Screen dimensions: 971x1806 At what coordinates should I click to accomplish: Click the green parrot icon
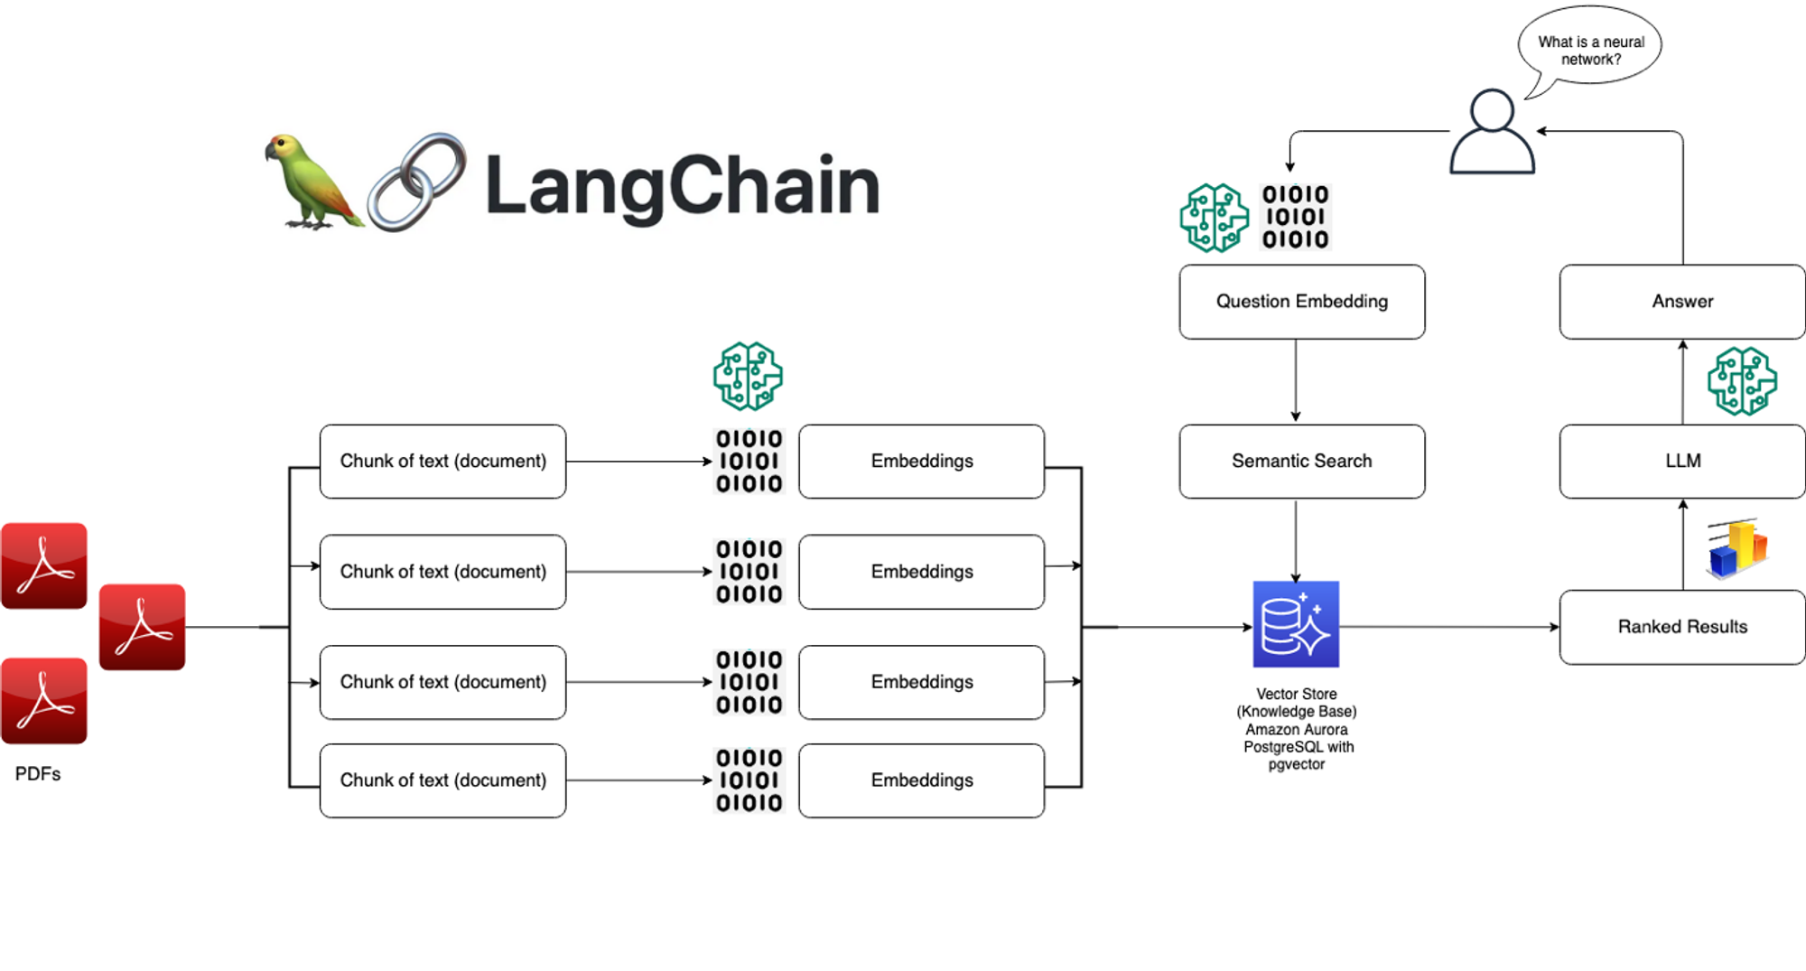pyautogui.click(x=312, y=181)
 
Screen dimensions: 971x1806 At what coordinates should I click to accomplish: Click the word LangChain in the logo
pyautogui.click(x=682, y=186)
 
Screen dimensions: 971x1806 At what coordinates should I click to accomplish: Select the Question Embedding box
pyautogui.click(x=1301, y=302)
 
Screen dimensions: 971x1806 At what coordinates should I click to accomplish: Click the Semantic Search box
pyautogui.click(x=1301, y=462)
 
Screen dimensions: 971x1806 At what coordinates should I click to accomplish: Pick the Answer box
pyautogui.click(x=1681, y=302)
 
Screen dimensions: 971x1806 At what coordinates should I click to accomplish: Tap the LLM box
pyautogui.click(x=1681, y=462)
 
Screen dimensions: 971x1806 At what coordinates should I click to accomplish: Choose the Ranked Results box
pyautogui.click(x=1681, y=627)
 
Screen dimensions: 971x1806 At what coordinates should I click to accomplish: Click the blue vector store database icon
pyautogui.click(x=1296, y=624)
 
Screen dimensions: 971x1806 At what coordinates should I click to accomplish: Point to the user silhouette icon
pyautogui.click(x=1492, y=133)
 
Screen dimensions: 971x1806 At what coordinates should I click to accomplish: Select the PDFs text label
pyautogui.click(x=38, y=774)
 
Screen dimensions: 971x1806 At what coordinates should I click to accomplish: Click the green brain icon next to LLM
pyautogui.click(x=1742, y=381)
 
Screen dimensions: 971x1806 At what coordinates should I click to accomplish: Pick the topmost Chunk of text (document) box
pyautogui.click(x=442, y=462)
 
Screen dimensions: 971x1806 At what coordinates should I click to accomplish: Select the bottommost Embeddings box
pyautogui.click(x=921, y=780)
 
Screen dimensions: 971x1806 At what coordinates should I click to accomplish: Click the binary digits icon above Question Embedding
pyautogui.click(x=1295, y=217)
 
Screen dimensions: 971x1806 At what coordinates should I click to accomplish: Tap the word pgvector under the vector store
pyautogui.click(x=1296, y=765)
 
